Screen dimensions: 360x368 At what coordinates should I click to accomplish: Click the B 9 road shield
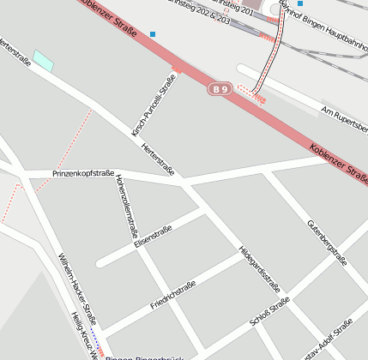(220, 88)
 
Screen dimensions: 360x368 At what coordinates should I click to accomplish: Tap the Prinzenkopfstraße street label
(83, 174)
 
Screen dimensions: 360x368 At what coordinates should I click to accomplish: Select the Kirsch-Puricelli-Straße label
(154, 105)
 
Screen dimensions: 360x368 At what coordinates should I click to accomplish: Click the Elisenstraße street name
(154, 237)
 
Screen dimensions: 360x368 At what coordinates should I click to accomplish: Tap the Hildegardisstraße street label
(259, 268)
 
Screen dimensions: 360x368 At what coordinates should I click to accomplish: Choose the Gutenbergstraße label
(327, 242)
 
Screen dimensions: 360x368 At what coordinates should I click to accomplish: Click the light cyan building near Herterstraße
(43, 61)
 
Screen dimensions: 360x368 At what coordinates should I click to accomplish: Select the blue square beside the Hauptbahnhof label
(299, 3)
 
